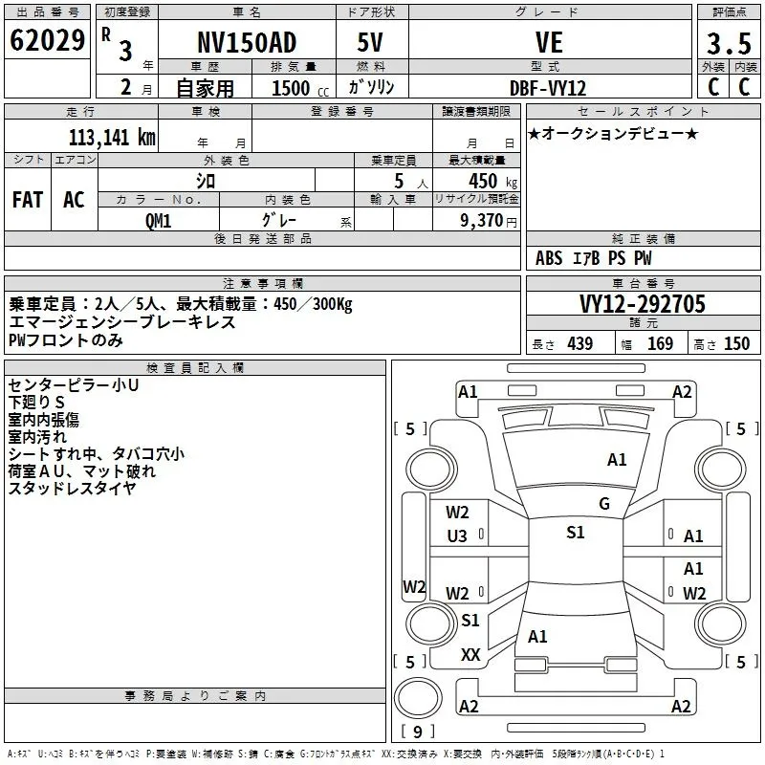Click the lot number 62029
47,40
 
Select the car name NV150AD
247,42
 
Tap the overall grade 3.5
729,43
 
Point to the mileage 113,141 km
112,138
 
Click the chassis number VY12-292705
643,304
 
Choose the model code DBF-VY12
548,88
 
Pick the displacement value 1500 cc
300,88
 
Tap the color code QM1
158,221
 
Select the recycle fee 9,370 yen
489,221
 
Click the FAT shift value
28,200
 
